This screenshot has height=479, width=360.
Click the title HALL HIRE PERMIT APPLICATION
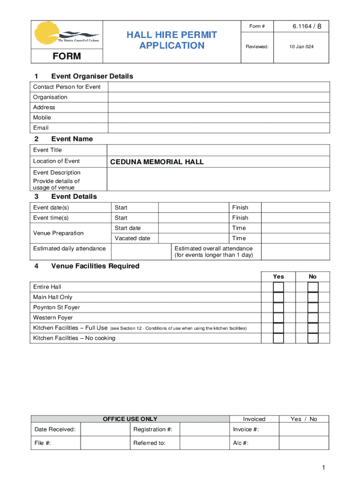click(x=172, y=40)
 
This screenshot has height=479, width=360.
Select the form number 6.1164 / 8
click(x=307, y=26)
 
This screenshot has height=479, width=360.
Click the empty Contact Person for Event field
click(x=218, y=87)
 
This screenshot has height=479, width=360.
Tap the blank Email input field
click(x=218, y=128)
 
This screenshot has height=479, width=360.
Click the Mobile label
click(x=42, y=118)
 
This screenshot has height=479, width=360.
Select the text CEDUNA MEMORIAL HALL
click(x=157, y=162)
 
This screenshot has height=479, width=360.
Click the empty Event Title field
click(x=218, y=150)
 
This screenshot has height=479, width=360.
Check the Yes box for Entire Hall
click(x=279, y=287)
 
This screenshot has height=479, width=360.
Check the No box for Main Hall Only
click(x=313, y=298)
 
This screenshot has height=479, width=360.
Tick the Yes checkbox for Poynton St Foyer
click(x=279, y=308)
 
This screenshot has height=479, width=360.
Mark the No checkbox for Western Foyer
click(x=313, y=318)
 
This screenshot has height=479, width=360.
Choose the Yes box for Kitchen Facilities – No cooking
click(x=279, y=338)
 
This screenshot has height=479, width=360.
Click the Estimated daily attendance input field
click(x=142, y=252)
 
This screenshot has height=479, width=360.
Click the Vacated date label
click(x=132, y=239)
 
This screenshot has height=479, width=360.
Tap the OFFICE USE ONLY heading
click(x=130, y=419)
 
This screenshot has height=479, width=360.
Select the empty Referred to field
click(x=204, y=443)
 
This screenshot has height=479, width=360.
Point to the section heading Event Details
click(x=74, y=197)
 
